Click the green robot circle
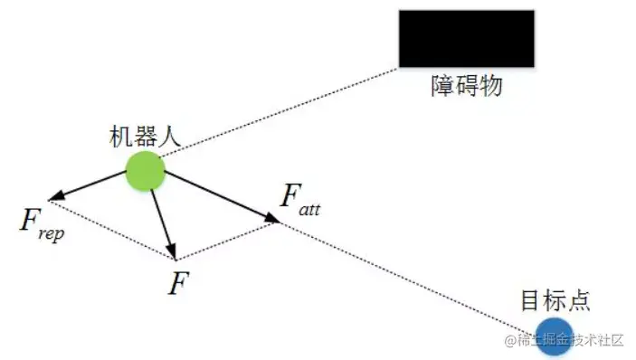145,170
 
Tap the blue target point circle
553,333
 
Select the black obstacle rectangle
466,38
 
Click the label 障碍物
466,87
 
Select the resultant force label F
179,283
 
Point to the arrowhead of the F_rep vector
55,197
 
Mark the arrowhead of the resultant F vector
174,253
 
